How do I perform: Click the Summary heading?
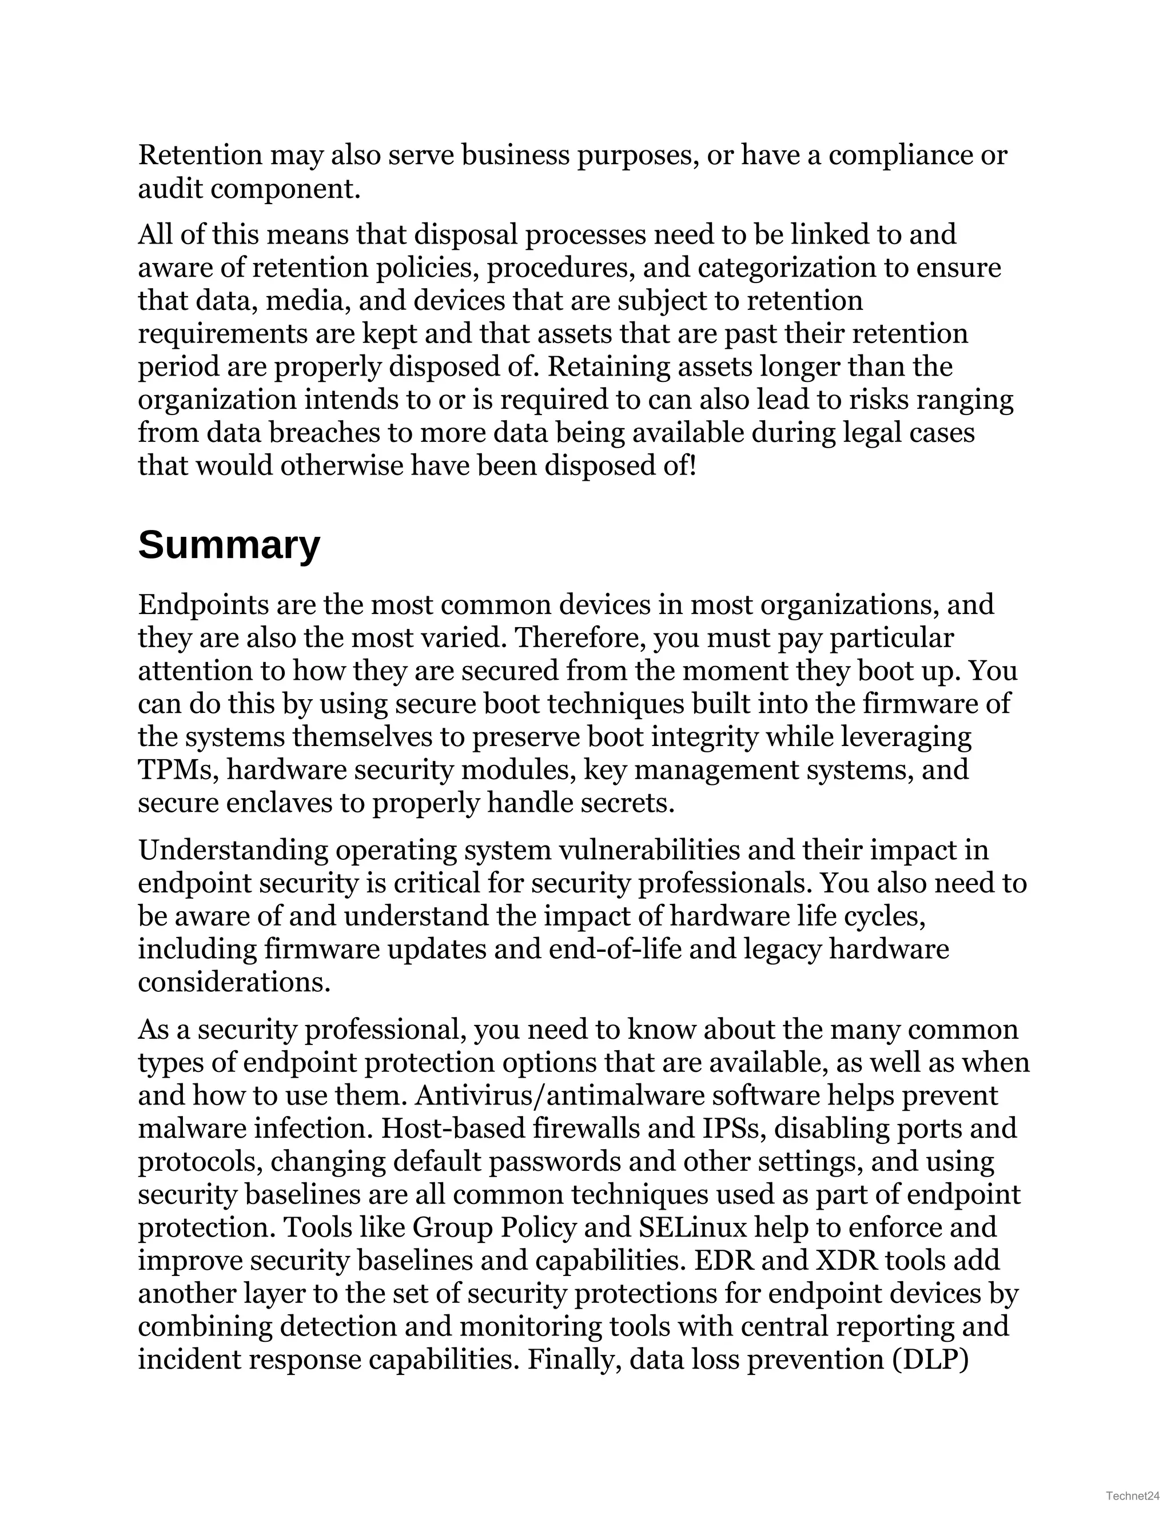[x=229, y=545]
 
